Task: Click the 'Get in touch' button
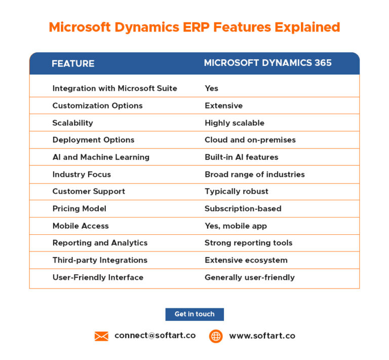tap(194, 314)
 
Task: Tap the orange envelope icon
tap(101, 336)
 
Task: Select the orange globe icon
tap(216, 336)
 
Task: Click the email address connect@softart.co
tap(155, 336)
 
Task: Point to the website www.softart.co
tap(262, 336)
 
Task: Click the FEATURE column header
tap(73, 63)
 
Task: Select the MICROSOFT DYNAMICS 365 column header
tap(268, 63)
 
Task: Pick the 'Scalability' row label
tap(72, 123)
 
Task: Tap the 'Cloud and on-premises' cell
tap(250, 140)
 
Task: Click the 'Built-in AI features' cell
tap(242, 157)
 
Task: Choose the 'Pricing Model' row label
tap(79, 208)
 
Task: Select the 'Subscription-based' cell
tap(243, 208)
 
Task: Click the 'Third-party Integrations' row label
tap(100, 260)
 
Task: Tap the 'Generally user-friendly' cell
tap(250, 277)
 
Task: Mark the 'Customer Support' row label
tap(89, 191)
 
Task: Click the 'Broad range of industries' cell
tap(255, 174)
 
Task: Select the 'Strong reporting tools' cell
tap(249, 243)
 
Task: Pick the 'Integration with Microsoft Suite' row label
tap(114, 88)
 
